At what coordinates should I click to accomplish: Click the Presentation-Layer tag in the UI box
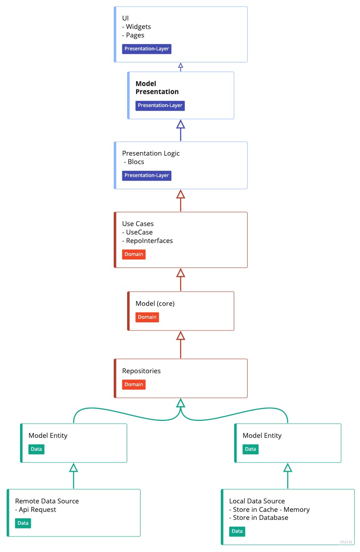[x=147, y=49]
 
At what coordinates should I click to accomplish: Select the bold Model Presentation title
[x=157, y=88]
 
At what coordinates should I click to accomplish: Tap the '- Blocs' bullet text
[x=134, y=162]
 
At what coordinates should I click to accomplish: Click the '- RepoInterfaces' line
[x=148, y=241]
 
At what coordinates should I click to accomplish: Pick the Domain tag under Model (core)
[x=147, y=317]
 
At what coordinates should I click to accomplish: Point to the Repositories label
[x=141, y=371]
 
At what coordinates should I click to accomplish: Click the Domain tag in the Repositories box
[x=134, y=384]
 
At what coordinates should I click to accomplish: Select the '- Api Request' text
[x=36, y=510]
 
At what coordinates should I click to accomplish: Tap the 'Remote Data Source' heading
[x=47, y=501]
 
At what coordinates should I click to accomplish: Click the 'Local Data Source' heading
[x=257, y=501]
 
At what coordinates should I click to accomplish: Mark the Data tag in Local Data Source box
[x=237, y=531]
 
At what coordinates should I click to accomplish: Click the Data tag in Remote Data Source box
[x=23, y=523]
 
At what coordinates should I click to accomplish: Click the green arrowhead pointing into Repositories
[x=180, y=403]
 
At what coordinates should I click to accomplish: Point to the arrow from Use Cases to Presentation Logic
[x=180, y=200]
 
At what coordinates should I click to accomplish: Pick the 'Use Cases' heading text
[x=138, y=224]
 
